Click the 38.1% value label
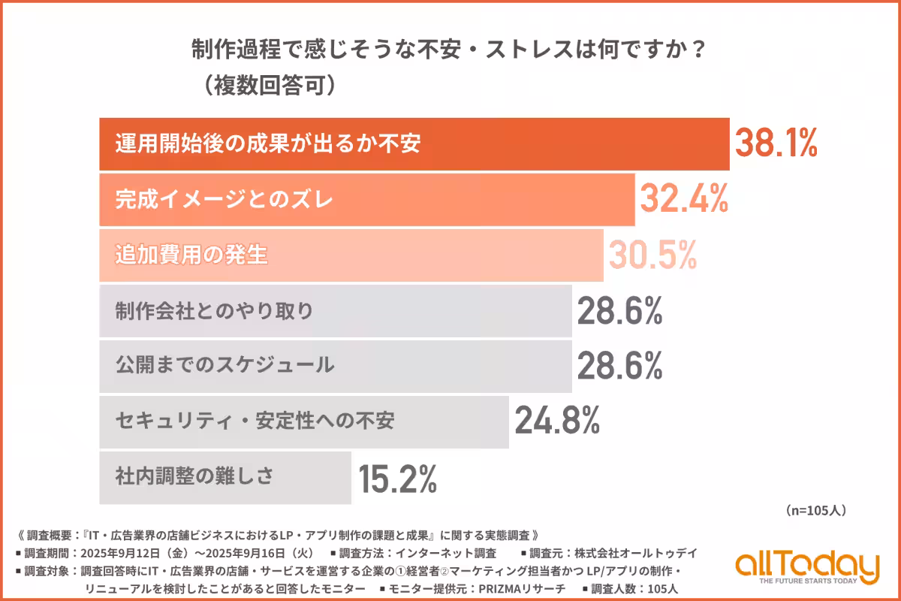(x=775, y=143)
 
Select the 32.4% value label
(x=684, y=199)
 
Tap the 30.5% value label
(x=652, y=255)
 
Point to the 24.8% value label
(x=557, y=421)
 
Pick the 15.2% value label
(x=397, y=477)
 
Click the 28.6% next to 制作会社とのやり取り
(x=619, y=310)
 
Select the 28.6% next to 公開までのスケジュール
(x=619, y=366)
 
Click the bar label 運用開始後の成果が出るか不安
(x=267, y=144)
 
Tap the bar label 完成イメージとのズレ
(x=224, y=200)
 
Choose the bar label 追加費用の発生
(x=191, y=255)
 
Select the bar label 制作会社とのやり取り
(x=214, y=311)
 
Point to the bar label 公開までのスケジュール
(x=224, y=366)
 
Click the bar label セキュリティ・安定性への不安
(x=255, y=421)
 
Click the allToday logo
(x=806, y=567)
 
